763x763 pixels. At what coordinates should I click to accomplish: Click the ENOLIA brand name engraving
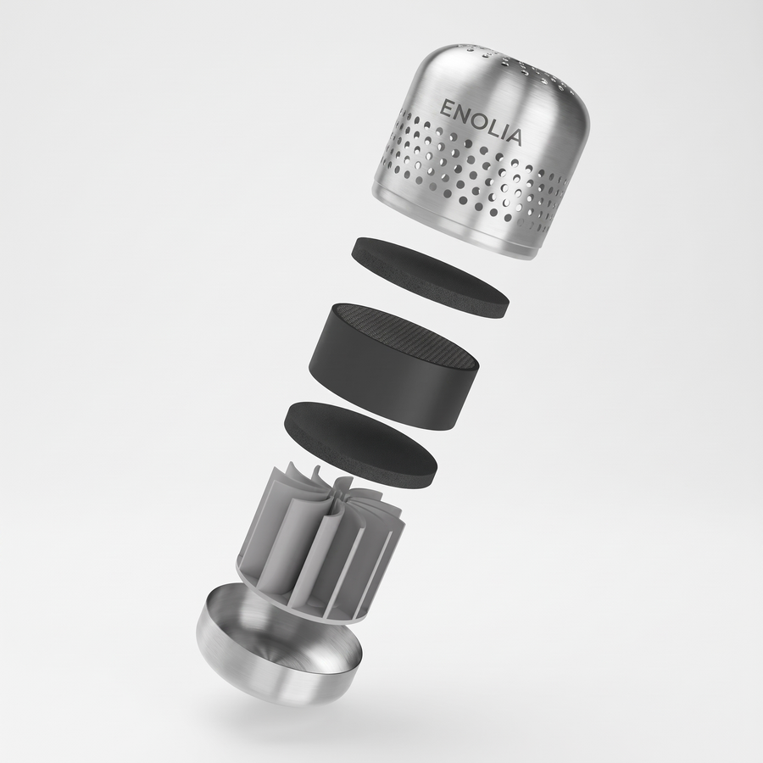coord(481,123)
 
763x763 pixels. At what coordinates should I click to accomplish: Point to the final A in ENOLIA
coord(514,136)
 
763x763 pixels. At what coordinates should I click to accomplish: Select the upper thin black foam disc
coord(430,277)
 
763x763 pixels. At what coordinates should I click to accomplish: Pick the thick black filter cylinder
coord(393,366)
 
